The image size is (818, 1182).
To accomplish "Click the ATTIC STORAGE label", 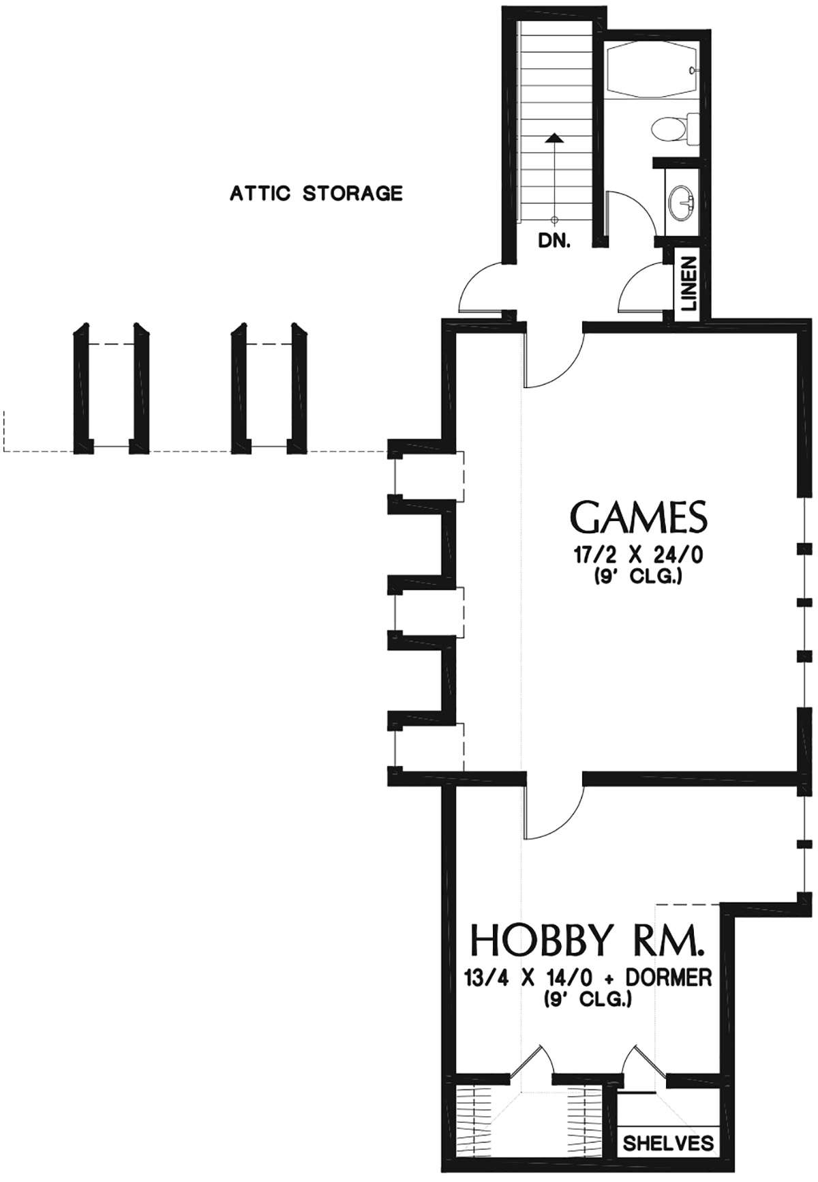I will coord(316,194).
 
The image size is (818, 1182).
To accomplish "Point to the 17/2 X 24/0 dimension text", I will coord(638,555).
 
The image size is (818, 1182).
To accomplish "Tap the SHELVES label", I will coord(668,1143).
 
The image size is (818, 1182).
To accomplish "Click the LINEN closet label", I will coord(689,284).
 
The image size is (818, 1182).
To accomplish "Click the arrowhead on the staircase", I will coord(556,138).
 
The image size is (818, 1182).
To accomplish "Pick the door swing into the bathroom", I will coord(631,211).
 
